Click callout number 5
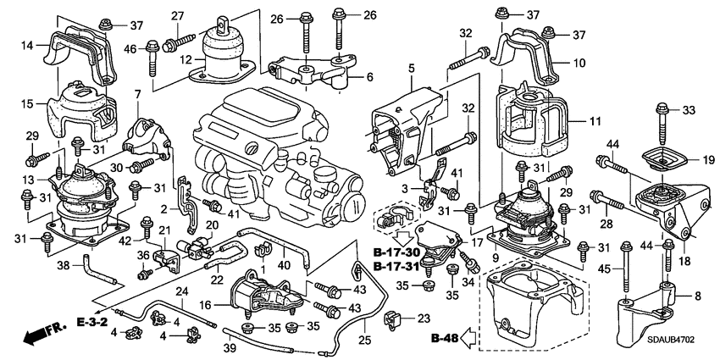point(411,68)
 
